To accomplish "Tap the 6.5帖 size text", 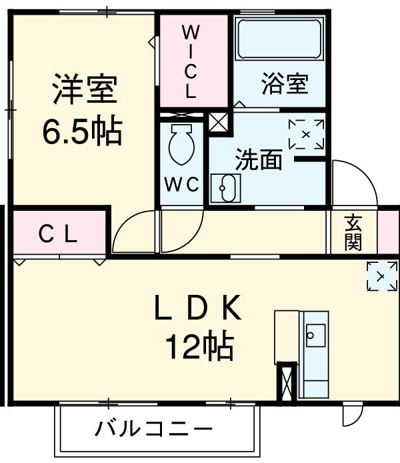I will click(83, 132).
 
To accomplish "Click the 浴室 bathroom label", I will click(284, 85).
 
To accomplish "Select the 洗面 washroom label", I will click(258, 160).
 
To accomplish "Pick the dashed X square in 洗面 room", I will click(306, 135).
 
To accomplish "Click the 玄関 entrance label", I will click(353, 232).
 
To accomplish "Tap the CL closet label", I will click(58, 234).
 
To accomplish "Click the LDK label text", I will click(197, 308).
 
